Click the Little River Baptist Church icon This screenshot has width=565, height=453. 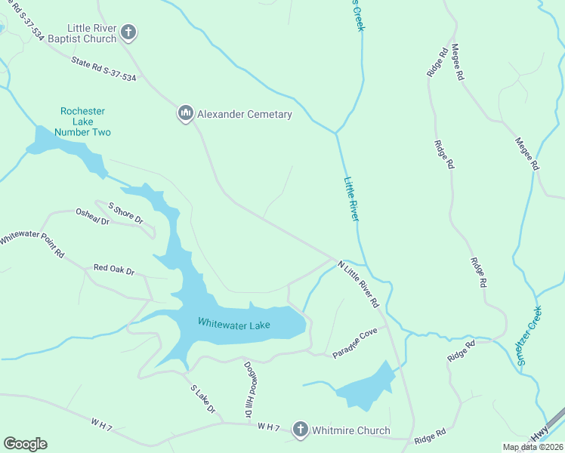[128, 32]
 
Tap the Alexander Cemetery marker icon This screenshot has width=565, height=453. [185, 114]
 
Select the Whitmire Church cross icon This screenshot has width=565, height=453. [300, 430]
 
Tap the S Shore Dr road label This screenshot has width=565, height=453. [125, 213]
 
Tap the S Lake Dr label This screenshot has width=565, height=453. [202, 399]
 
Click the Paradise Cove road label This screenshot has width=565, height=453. [355, 344]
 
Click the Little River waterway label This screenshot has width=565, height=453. [351, 199]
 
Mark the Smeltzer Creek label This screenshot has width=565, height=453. [530, 335]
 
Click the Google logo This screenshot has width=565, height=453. [25, 444]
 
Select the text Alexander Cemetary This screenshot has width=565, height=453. [244, 114]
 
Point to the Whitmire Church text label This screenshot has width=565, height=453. [353, 430]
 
